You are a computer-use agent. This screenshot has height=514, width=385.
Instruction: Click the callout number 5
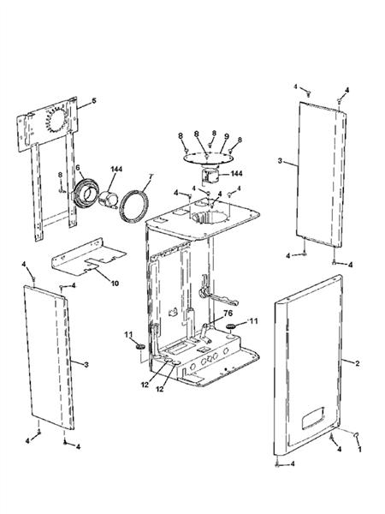(x=94, y=102)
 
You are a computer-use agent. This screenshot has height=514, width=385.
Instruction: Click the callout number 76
(x=229, y=314)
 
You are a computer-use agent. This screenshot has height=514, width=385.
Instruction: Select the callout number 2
(x=357, y=363)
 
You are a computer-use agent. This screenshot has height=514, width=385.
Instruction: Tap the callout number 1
(x=360, y=449)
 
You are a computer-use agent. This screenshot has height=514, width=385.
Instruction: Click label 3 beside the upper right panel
(x=281, y=160)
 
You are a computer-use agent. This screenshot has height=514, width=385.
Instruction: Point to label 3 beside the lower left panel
(x=86, y=364)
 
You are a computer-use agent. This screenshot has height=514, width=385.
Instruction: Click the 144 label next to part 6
(x=115, y=167)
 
